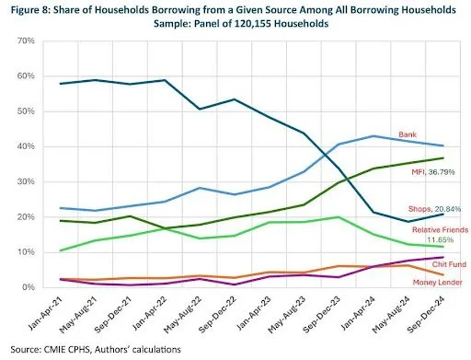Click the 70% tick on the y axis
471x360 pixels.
coord(25,42)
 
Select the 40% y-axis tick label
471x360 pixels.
coord(25,147)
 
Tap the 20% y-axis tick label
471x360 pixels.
coord(25,217)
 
